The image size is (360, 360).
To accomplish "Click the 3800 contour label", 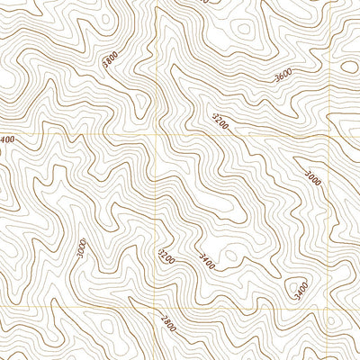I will (110, 60).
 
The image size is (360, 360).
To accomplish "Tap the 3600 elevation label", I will (283, 77).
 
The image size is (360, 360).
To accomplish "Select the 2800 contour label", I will (168, 324).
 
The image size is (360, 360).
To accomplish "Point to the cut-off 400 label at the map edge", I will (6, 139).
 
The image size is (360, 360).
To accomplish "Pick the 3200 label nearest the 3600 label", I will (220, 120).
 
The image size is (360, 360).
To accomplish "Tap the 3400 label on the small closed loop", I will (301, 289).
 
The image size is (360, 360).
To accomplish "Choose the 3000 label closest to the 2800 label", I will (82, 247).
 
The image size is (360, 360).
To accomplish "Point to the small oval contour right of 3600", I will (349, 66).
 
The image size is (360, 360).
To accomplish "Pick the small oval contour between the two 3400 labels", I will (230, 256).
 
